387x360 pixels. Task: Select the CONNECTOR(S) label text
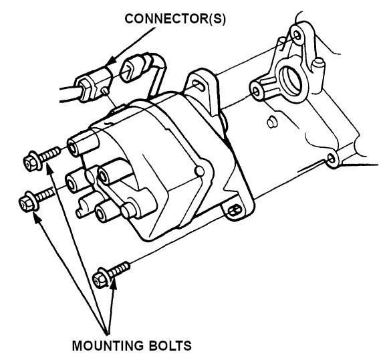click(x=175, y=19)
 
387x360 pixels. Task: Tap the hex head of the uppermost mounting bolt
click(x=32, y=163)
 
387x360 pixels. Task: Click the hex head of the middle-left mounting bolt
click(x=28, y=203)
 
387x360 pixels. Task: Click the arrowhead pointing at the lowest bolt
click(x=113, y=284)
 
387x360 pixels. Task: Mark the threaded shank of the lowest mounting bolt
click(x=119, y=269)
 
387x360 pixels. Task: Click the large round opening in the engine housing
click(x=291, y=80)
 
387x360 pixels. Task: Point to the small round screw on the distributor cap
click(x=200, y=171)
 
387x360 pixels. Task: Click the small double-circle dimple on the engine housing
click(x=272, y=122)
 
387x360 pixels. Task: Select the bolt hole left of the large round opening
click(x=257, y=92)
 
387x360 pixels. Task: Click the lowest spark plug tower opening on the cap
click(x=100, y=213)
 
